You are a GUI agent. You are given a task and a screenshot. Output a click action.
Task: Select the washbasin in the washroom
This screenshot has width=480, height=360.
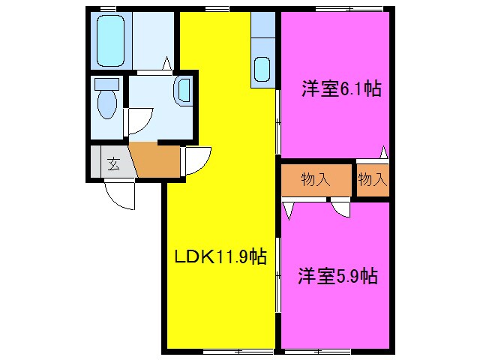click(183, 91)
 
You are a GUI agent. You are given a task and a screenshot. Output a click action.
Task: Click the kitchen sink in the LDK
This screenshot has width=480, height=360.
click(262, 69)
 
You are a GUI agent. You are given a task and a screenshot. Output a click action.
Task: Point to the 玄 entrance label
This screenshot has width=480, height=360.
click(112, 164)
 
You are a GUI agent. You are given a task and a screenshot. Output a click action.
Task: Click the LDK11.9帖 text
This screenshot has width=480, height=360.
click(220, 256)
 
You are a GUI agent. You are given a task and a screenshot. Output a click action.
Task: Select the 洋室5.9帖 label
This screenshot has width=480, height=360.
click(337, 276)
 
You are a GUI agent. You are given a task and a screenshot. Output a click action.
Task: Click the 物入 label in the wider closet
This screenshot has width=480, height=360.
click(316, 180)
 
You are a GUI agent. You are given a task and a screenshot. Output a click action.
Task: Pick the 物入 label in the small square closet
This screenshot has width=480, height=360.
click(372, 180)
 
